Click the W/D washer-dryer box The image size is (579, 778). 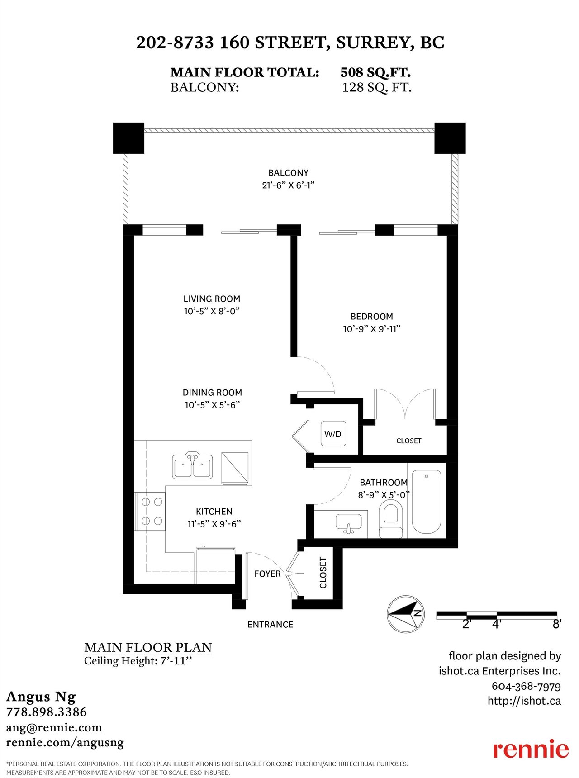333,434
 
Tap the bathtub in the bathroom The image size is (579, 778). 426,502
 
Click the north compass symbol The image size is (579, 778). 406,614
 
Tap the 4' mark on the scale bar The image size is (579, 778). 497,624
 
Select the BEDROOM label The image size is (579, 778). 372,317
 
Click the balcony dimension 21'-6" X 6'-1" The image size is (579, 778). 288,185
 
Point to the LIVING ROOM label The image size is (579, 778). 212,299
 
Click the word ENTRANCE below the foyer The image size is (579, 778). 270,625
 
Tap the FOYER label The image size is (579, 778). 267,574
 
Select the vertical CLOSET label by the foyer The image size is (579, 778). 323,573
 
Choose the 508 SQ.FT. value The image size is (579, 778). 375,72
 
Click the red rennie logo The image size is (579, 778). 531,749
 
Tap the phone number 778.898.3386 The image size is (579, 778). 46,712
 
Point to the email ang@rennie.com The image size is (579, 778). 54,727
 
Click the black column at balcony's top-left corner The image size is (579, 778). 128,138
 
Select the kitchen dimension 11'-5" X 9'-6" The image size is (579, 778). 214,524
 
